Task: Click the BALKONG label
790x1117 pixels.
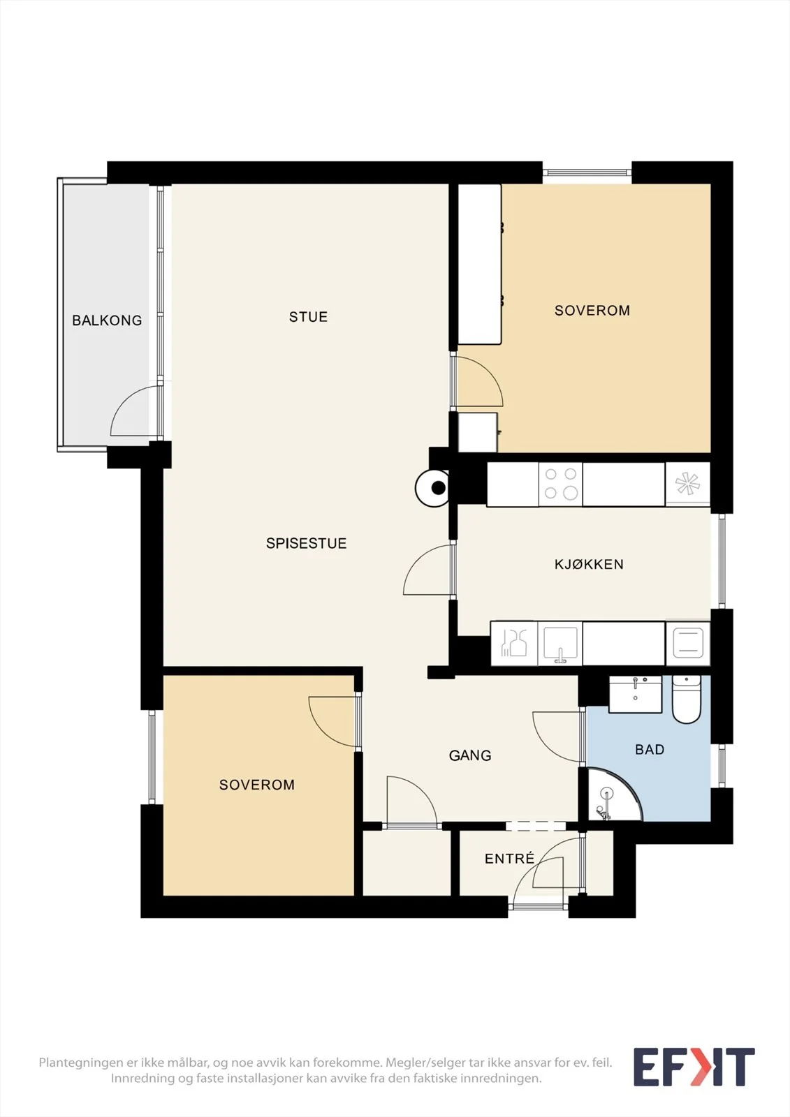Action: pyautogui.click(x=107, y=320)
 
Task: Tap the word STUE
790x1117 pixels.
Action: pyautogui.click(x=309, y=317)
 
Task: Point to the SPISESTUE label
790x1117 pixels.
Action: pyautogui.click(x=306, y=543)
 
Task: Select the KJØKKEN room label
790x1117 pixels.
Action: pyautogui.click(x=589, y=564)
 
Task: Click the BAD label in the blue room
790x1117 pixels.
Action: pyautogui.click(x=650, y=749)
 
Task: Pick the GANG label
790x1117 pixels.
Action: pyautogui.click(x=470, y=755)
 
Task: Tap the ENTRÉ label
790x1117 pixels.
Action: pyautogui.click(x=509, y=858)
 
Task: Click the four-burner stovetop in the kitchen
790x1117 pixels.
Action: pyautogui.click(x=560, y=484)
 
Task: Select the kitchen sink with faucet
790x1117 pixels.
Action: pyautogui.click(x=560, y=643)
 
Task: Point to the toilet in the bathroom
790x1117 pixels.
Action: pyautogui.click(x=686, y=699)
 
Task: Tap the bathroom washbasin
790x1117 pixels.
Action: pyautogui.click(x=636, y=694)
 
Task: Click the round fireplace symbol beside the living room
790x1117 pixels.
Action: pyautogui.click(x=432, y=488)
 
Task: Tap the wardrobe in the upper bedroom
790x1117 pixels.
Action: pyautogui.click(x=480, y=264)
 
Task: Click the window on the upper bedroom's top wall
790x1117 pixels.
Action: pyautogui.click(x=587, y=172)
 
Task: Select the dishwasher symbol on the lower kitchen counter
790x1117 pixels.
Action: pyautogui.click(x=513, y=643)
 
